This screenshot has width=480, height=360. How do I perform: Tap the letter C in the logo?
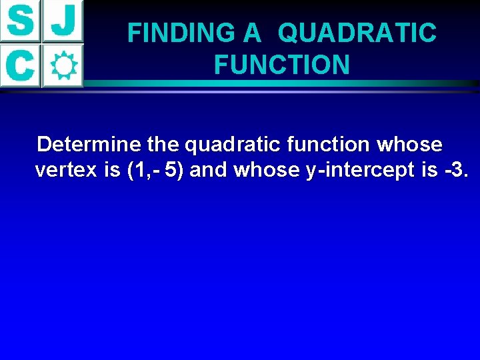(21, 65)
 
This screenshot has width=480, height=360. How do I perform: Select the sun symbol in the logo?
(63, 65)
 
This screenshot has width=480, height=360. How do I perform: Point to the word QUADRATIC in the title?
(357, 33)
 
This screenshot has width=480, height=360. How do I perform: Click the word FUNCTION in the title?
(281, 65)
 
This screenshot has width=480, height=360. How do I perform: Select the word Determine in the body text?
(89, 144)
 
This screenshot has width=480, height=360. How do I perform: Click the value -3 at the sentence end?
(454, 170)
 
